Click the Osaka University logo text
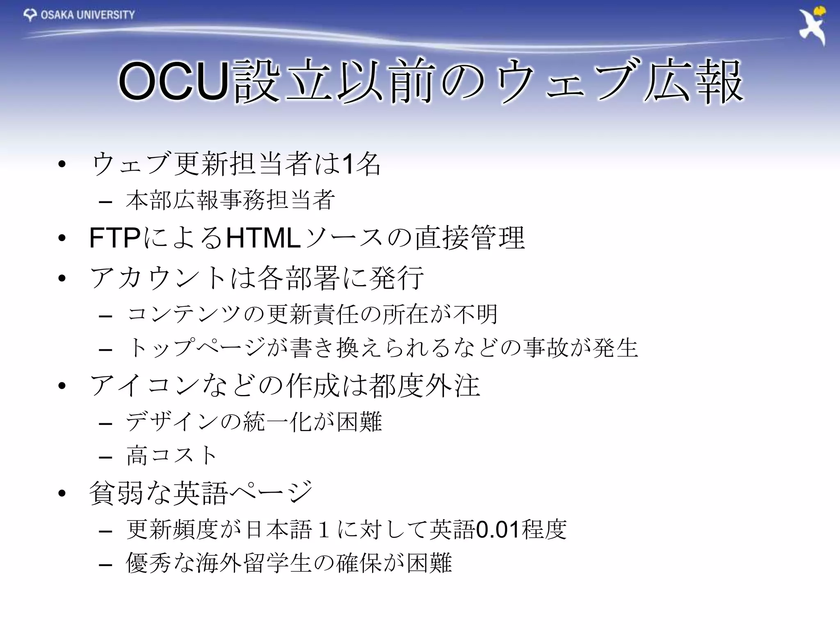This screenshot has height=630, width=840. [87, 15]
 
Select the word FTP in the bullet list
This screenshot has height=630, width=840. [115, 238]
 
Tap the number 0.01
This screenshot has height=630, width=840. [498, 530]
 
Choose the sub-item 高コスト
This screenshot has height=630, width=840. [171, 456]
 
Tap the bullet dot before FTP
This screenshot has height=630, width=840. [62, 238]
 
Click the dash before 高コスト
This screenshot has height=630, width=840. [105, 457]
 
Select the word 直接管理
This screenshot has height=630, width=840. [470, 238]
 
